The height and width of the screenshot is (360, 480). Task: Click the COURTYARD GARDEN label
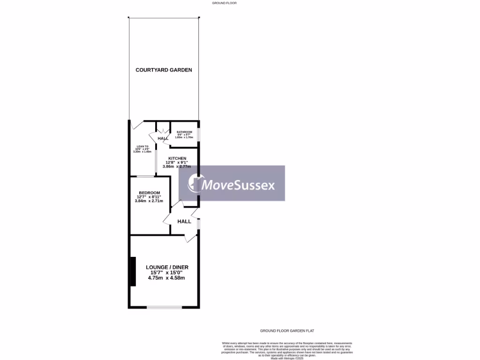click(x=164, y=70)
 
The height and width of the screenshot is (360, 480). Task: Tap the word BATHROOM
click(x=184, y=132)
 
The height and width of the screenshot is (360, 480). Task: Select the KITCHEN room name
click(x=178, y=158)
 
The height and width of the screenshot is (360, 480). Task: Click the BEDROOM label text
click(x=150, y=193)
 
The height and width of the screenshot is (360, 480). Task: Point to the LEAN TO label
click(x=142, y=147)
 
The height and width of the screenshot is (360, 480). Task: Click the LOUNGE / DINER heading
click(x=166, y=267)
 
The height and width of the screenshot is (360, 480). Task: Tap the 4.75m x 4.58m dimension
click(x=166, y=277)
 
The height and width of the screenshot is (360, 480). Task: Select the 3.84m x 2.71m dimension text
click(x=150, y=201)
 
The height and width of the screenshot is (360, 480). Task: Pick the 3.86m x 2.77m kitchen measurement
click(x=178, y=166)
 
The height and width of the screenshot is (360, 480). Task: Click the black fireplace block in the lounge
click(x=133, y=271)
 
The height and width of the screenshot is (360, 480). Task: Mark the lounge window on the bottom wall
click(x=164, y=307)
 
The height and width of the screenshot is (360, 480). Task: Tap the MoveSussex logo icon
click(x=195, y=183)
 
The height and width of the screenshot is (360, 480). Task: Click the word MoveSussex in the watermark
click(x=238, y=185)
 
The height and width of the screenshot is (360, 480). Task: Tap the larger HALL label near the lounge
click(x=184, y=221)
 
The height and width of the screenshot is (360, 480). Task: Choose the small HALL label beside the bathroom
click(x=163, y=139)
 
